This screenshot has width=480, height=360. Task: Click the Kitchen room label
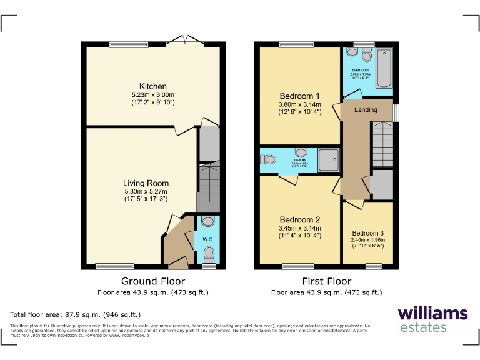point(152,86)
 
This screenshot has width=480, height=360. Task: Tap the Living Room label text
point(146,183)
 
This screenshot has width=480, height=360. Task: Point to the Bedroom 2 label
point(300,220)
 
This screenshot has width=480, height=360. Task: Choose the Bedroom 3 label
point(368,232)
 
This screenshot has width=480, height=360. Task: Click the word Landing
point(366,110)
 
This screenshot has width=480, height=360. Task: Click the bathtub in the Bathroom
point(382,67)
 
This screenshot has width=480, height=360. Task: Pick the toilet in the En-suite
point(269,159)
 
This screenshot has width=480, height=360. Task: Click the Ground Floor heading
point(152,281)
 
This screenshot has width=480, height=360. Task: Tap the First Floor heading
point(326,281)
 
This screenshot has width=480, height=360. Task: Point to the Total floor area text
point(76,314)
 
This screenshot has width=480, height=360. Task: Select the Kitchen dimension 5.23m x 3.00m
point(152,94)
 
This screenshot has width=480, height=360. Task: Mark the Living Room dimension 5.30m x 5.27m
point(146,191)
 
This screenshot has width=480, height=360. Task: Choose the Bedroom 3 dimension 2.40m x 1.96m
point(368,240)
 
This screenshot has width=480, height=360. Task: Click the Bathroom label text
point(360,70)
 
